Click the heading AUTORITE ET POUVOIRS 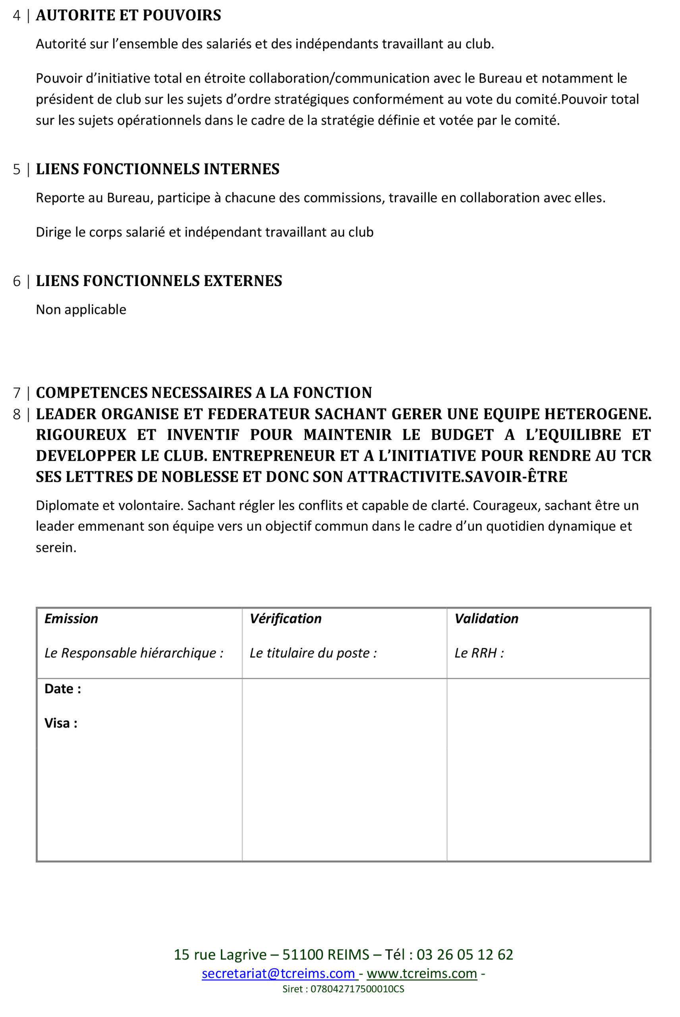tap(128, 15)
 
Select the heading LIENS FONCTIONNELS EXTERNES tap(159, 281)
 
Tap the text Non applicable tap(81, 309)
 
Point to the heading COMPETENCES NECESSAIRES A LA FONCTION tap(204, 393)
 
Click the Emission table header tap(71, 619)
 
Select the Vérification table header tap(285, 619)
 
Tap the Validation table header tap(486, 619)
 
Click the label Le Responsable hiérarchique tap(133, 653)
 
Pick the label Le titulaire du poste tap(313, 653)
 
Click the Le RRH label tap(479, 653)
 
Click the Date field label tap(62, 689)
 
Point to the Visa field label tap(61, 723)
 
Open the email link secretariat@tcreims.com tap(278, 973)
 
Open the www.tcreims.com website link tap(421, 973)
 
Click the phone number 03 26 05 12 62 tap(465, 954)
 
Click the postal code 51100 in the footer tap(303, 954)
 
